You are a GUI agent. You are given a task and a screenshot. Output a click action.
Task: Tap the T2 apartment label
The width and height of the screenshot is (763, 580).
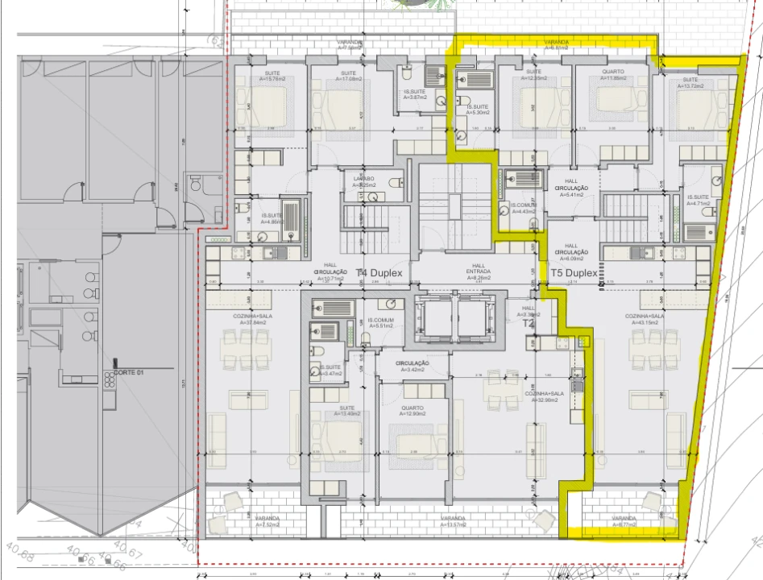pos(529,322)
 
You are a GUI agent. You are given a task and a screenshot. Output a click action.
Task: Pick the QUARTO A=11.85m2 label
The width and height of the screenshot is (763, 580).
pos(613,76)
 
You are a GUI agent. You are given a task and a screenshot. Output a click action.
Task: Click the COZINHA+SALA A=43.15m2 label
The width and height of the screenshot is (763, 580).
pos(647,321)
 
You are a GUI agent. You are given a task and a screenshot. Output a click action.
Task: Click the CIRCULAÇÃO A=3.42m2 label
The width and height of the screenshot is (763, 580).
pos(412,367)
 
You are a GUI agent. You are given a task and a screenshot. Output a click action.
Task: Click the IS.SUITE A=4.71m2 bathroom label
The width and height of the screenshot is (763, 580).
pos(698,201)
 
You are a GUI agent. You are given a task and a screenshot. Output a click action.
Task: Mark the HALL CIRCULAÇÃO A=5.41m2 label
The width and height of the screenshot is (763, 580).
pos(571,190)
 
